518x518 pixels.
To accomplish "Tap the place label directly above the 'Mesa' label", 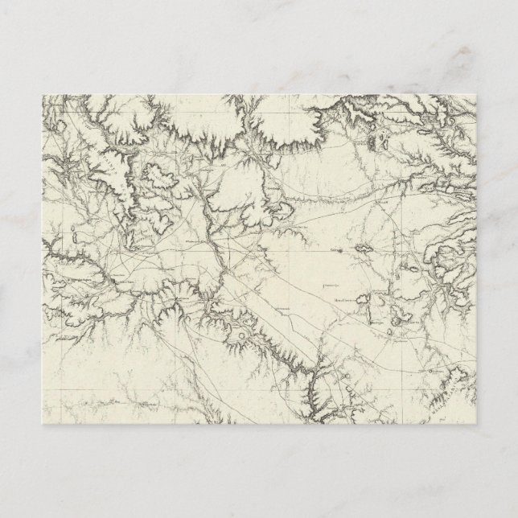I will [x=329, y=284].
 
